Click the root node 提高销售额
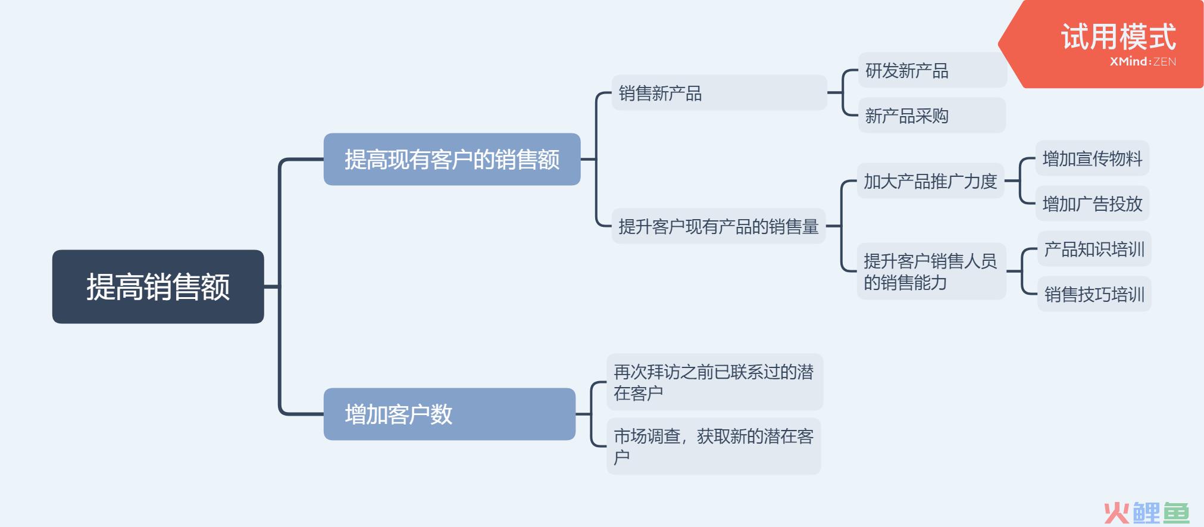pyautogui.click(x=158, y=286)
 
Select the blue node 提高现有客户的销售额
pyautogui.click(x=452, y=159)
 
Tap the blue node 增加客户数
pyautogui.click(x=449, y=414)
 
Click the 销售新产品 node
pyautogui.click(x=719, y=93)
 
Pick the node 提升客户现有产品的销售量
pyautogui.click(x=718, y=226)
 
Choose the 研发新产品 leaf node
pyautogui.click(x=931, y=70)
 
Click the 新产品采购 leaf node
pyautogui.click(x=931, y=116)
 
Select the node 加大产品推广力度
pyautogui.click(x=930, y=181)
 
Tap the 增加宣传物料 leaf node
pyautogui.click(x=1092, y=158)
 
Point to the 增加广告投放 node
pyautogui.click(x=1092, y=204)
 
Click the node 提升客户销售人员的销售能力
pyautogui.click(x=931, y=272)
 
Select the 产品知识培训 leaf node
pyautogui.click(x=1094, y=249)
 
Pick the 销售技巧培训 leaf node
pyautogui.click(x=1094, y=294)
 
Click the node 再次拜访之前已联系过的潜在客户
pyautogui.click(x=714, y=382)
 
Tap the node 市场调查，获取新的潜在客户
pyautogui.click(x=714, y=446)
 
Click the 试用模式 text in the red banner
pyautogui.click(x=1118, y=36)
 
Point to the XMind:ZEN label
pyautogui.click(x=1143, y=61)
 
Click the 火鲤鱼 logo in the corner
pyautogui.click(x=1147, y=512)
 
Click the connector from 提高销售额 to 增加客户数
pyautogui.click(x=280, y=357)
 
